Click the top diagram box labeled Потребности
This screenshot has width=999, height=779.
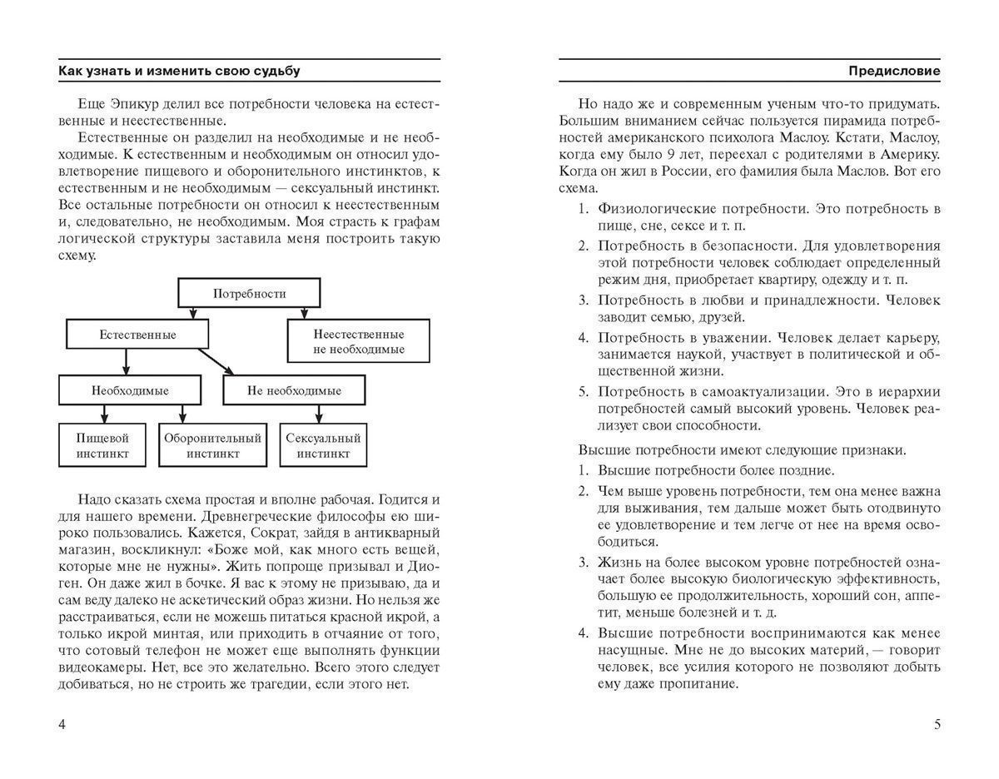pos(249,294)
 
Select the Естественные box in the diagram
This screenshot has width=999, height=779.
pos(137,335)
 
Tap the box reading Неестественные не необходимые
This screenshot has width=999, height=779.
pos(359,341)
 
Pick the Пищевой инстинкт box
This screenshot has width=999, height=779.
pos(102,446)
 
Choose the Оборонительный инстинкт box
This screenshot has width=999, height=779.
pos(212,446)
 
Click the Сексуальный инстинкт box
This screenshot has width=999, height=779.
pos(323,446)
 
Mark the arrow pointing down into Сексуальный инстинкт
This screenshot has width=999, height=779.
pos(317,414)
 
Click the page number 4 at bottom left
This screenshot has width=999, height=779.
pos(62,724)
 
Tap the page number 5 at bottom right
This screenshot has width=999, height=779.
pos(937,724)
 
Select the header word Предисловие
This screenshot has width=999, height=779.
pos(894,72)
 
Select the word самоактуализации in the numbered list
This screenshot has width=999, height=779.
pos(774,391)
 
